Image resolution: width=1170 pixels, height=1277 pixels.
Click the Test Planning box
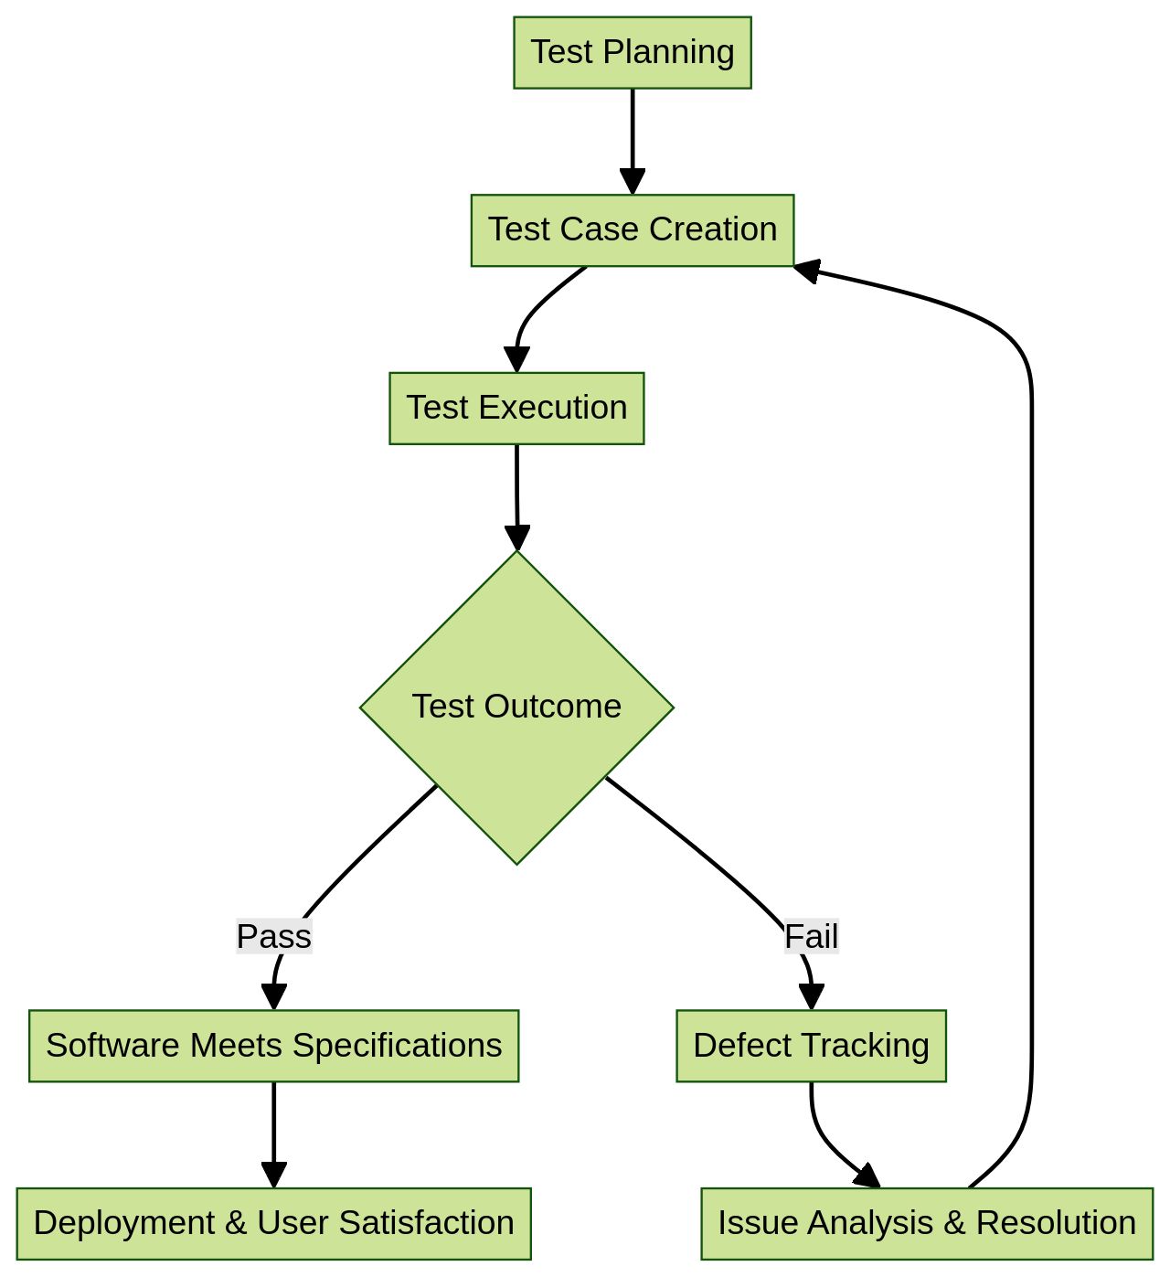tap(633, 52)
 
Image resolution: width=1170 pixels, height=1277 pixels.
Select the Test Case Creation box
tap(633, 229)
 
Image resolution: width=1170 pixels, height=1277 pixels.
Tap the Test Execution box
tap(516, 408)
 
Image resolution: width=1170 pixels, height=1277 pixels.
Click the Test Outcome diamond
tap(516, 707)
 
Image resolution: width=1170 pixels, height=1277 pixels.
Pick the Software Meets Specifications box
tap(273, 1046)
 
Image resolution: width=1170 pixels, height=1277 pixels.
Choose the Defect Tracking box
tap(811, 1046)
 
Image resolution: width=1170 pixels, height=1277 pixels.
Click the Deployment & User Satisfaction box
tap(273, 1223)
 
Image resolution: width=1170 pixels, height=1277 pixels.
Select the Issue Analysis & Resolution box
tap(927, 1223)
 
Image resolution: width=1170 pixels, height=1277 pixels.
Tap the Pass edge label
tap(274, 937)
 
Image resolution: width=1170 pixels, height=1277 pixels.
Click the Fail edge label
tap(811, 937)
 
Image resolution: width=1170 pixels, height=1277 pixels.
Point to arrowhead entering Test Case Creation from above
tap(633, 182)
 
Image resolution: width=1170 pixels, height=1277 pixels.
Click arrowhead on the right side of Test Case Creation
tap(806, 270)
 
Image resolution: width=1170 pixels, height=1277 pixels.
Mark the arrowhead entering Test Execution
tap(516, 360)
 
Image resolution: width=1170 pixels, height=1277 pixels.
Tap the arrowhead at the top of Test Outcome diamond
tap(517, 538)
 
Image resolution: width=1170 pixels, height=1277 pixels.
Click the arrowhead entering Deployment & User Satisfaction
tap(274, 1176)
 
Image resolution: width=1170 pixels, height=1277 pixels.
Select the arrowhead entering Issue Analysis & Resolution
tap(867, 1176)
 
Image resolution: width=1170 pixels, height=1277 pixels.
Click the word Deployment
tap(123, 1223)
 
